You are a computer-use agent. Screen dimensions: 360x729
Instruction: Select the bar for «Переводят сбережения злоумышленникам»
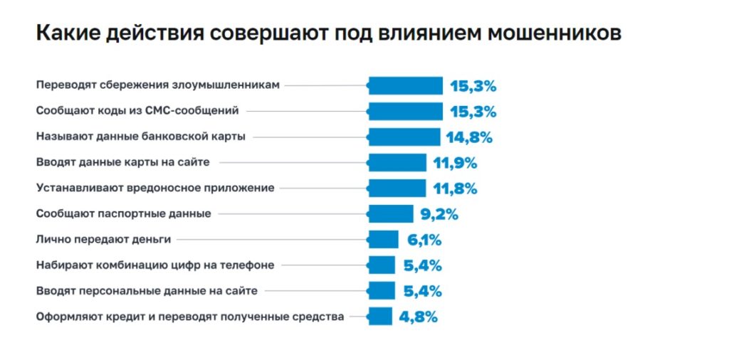tap(406, 86)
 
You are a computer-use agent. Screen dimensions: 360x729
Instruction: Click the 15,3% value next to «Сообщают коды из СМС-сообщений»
tap(473, 112)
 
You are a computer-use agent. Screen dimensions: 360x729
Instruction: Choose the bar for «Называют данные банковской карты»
tap(404, 137)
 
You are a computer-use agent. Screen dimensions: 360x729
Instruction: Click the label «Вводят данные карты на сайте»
tap(122, 162)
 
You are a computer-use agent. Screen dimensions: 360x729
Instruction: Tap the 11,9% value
tap(455, 163)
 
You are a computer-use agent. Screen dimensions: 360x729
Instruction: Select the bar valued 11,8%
tap(397, 189)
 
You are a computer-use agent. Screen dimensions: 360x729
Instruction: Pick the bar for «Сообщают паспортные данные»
tap(391, 214)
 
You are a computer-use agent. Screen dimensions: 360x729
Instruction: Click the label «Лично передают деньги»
tap(103, 239)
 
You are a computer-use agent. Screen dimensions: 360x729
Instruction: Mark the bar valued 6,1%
tap(383, 240)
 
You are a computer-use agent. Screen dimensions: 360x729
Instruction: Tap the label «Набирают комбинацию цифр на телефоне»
tap(155, 265)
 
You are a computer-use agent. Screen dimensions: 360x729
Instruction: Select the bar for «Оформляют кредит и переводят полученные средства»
tap(380, 317)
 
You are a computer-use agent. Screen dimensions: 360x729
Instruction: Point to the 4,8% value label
tap(418, 317)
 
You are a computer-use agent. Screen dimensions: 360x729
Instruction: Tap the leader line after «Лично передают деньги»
tap(271, 240)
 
